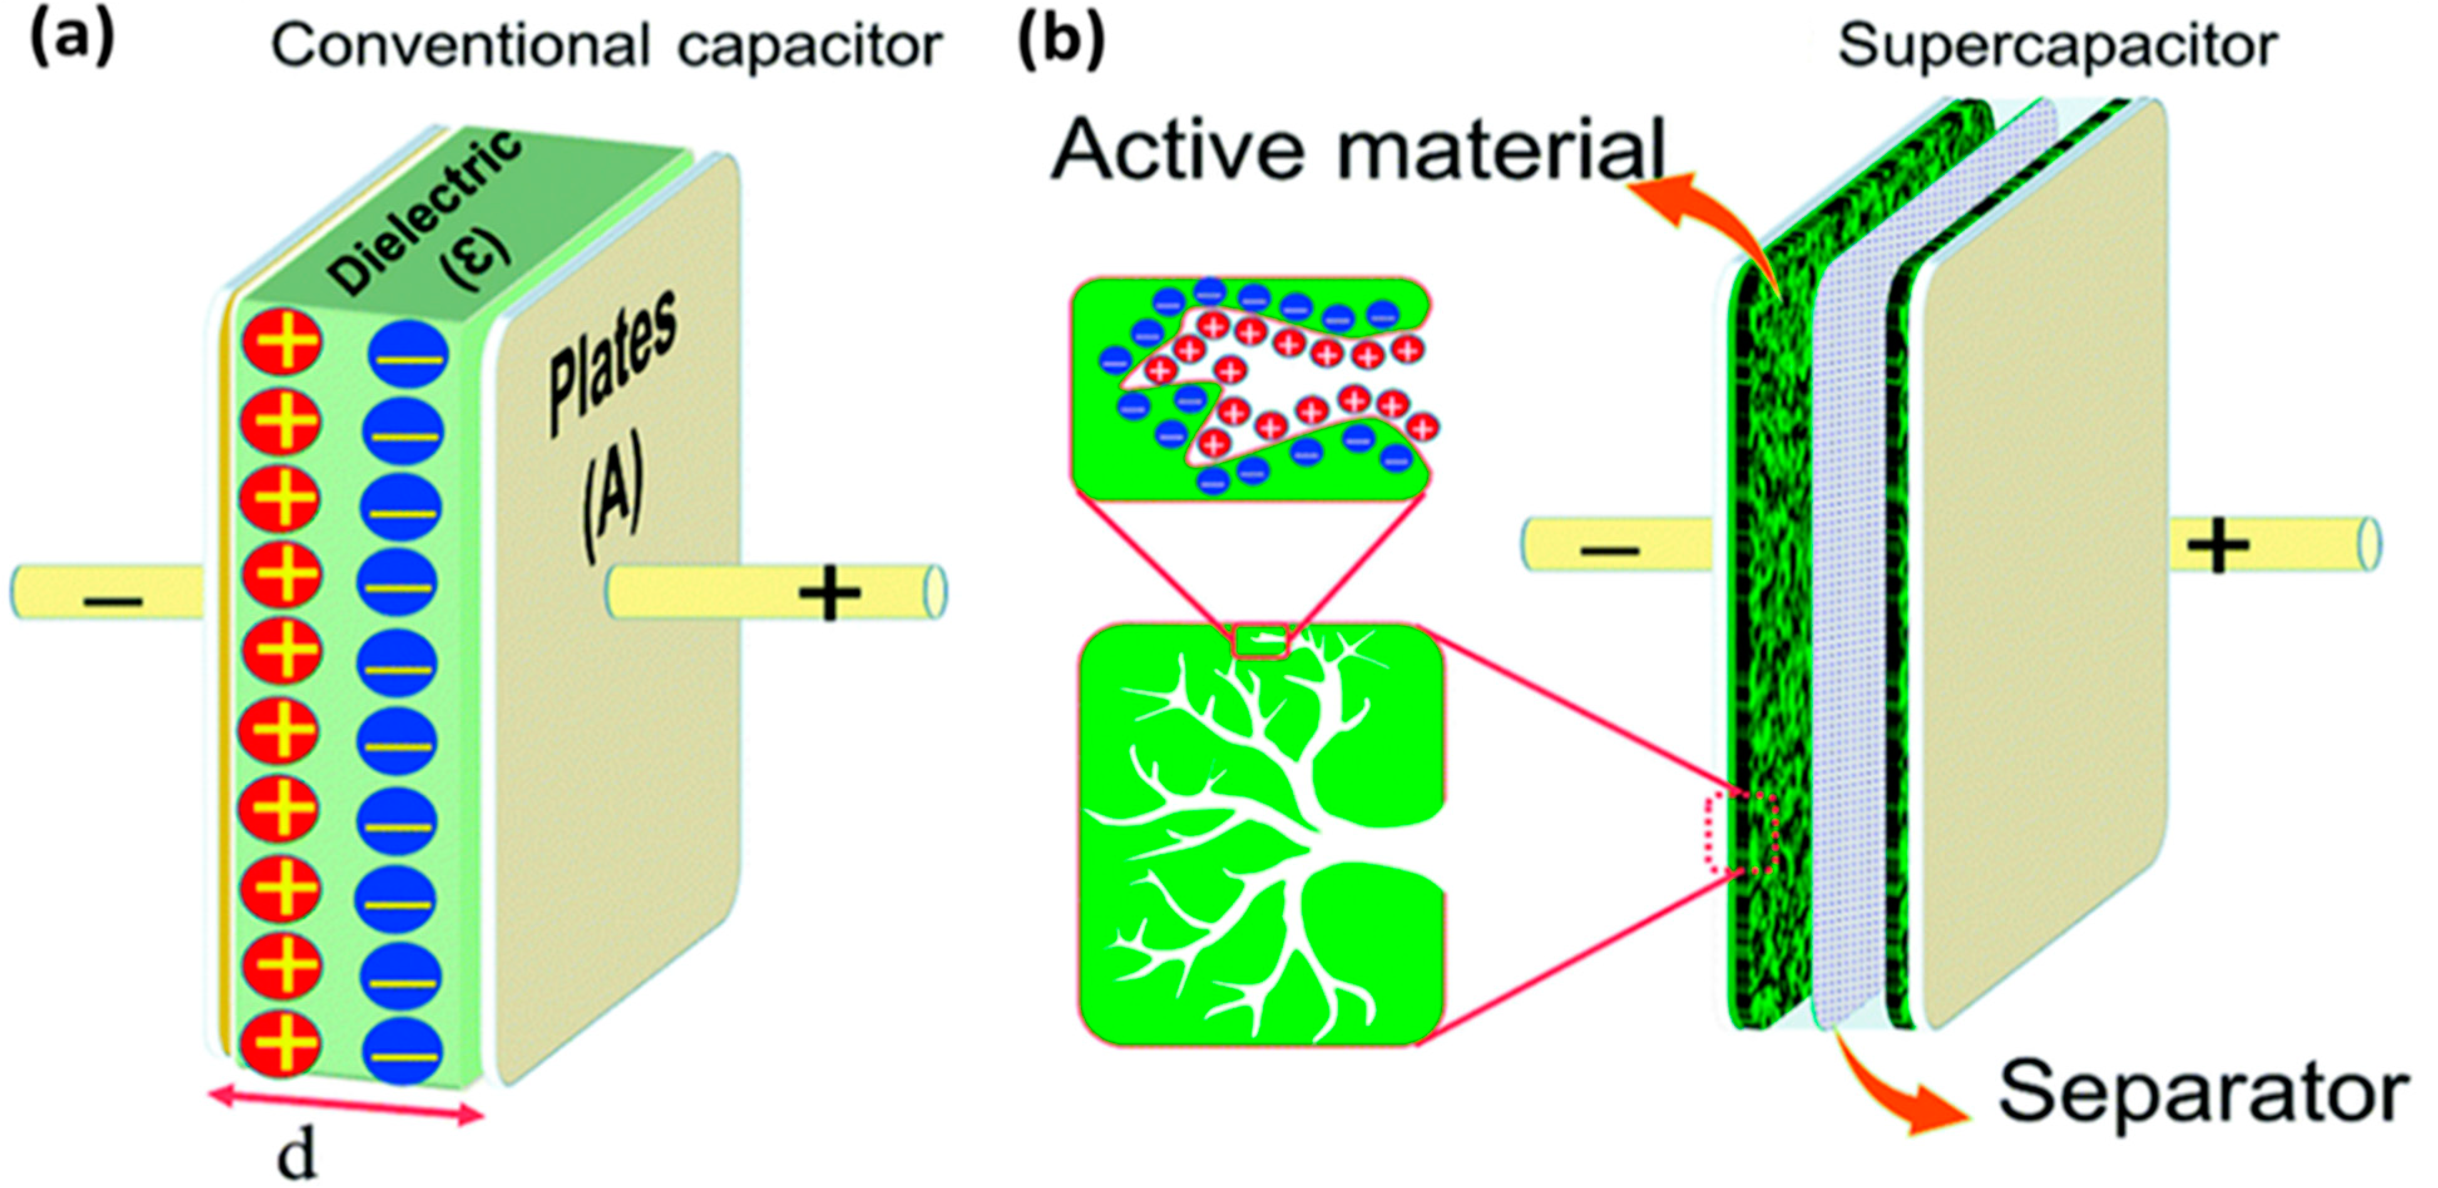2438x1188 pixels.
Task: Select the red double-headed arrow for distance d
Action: (345, 1107)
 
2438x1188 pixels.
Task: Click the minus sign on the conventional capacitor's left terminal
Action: (113, 602)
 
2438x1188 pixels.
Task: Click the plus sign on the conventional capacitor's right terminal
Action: (830, 593)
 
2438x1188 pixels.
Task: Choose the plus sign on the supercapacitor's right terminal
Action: (2217, 546)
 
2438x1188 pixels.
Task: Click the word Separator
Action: (2200, 1093)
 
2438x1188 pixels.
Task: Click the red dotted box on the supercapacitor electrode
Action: (1742, 832)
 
